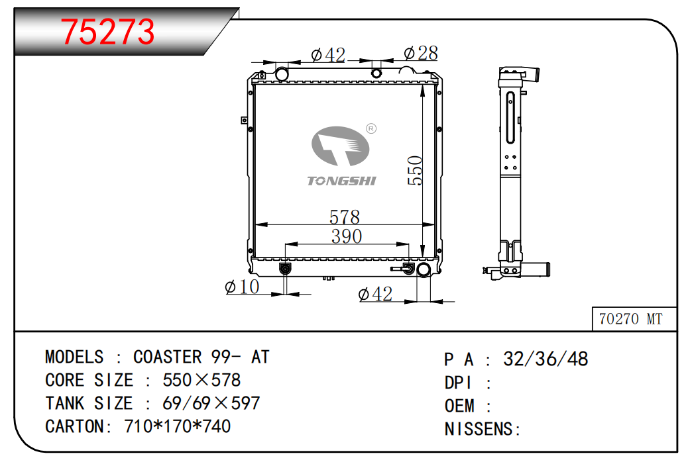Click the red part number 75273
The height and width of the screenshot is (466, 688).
[x=107, y=32]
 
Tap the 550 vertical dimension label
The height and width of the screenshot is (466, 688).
[x=415, y=171]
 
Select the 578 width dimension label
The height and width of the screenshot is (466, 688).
[x=345, y=217]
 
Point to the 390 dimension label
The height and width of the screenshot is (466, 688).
[x=346, y=237]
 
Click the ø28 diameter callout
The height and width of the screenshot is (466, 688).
[x=421, y=54]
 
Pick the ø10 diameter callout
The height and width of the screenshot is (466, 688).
[x=242, y=287]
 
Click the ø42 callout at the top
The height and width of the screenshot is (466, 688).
[x=328, y=55]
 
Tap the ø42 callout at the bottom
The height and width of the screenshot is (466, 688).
[x=375, y=294]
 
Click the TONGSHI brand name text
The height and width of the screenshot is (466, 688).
[x=341, y=181]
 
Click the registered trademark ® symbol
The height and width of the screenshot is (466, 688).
[x=371, y=128]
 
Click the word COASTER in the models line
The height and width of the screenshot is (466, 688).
[x=167, y=357]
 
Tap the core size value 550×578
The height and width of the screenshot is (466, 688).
[x=201, y=380]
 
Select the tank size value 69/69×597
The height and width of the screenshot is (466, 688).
[x=211, y=403]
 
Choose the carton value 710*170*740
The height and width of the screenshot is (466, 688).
[x=177, y=426]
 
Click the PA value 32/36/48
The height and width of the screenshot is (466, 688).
[x=545, y=359]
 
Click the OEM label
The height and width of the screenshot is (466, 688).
[x=459, y=406]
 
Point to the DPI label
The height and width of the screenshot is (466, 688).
[x=458, y=383]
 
